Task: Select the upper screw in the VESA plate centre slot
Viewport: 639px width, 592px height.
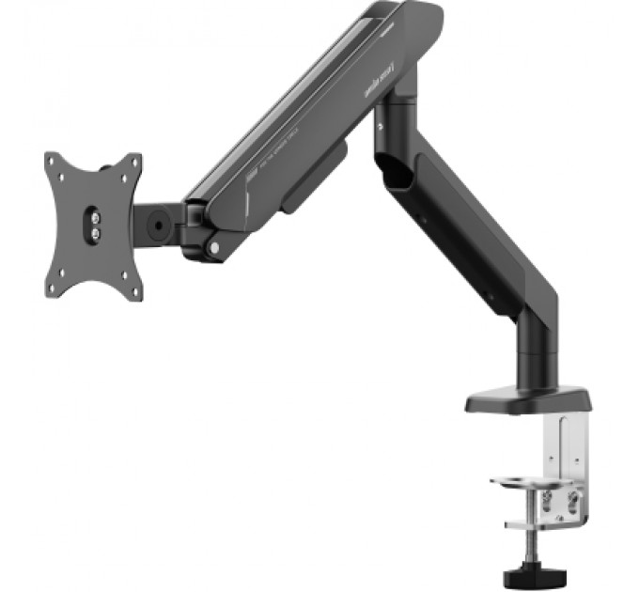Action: tap(94, 217)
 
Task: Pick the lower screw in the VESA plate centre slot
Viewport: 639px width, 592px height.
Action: tap(94, 235)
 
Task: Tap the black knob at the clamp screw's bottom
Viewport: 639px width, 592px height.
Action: tap(525, 573)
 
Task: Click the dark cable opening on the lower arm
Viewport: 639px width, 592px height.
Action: tap(395, 168)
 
